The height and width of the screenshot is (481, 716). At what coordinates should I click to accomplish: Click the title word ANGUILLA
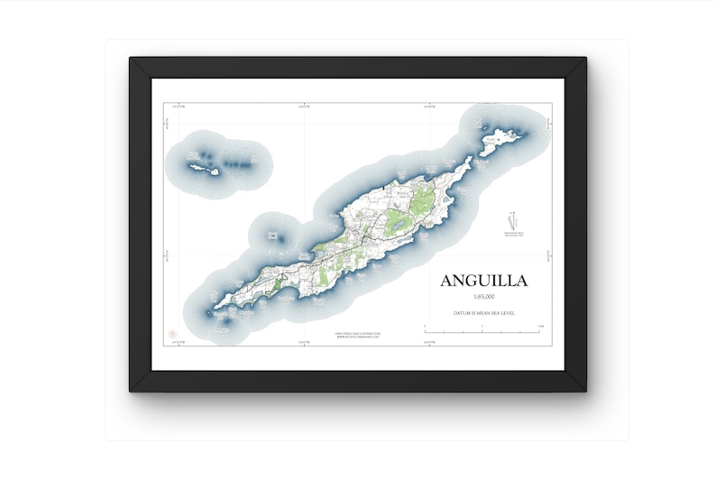point(483,281)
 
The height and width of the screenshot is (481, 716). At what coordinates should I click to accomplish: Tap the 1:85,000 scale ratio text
point(483,297)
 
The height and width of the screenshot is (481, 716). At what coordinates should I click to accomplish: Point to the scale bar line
point(482,332)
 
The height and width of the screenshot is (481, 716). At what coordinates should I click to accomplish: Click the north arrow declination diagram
point(514,222)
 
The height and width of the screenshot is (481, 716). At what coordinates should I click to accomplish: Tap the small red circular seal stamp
point(172,334)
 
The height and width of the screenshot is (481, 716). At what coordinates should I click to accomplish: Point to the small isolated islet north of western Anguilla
point(272,236)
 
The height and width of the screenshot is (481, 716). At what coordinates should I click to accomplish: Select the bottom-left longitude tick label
point(178,343)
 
